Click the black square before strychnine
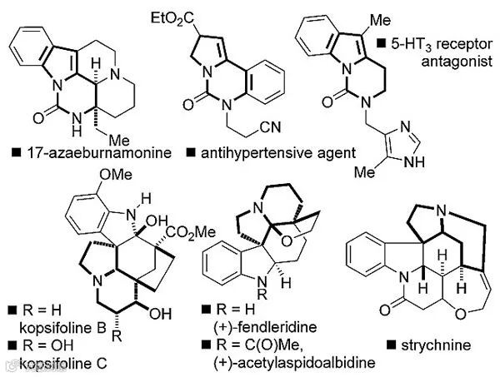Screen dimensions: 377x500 (392, 344)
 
